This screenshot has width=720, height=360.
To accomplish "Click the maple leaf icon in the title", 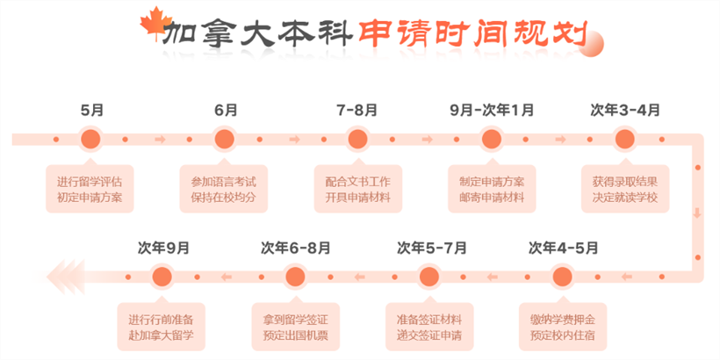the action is tap(155, 22).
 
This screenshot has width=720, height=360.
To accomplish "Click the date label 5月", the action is tap(92, 111).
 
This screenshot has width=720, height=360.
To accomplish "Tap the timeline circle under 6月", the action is tap(225, 139).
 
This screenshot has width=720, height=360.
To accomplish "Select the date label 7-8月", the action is tap(356, 111).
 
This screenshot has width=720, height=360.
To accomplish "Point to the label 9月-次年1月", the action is tap(492, 111).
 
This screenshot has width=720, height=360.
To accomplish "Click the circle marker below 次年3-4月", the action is tap(624, 139).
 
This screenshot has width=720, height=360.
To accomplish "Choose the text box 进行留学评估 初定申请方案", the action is tap(90, 188).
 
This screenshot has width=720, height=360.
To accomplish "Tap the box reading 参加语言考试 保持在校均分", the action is tap(224, 188).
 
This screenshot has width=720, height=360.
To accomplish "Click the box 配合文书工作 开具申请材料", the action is tap(358, 188).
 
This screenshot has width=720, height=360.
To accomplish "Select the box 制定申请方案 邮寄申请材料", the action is tap(492, 188).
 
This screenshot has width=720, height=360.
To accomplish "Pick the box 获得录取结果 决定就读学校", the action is tap(625, 188).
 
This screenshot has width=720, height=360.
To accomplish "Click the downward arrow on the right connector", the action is tap(697, 213).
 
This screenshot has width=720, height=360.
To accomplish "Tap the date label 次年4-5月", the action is tap(564, 248).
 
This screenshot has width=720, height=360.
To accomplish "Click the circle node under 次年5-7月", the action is tap(429, 277).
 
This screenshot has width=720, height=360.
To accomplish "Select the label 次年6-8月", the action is tap(296, 248).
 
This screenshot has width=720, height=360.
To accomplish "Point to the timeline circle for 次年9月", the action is tap(162, 277).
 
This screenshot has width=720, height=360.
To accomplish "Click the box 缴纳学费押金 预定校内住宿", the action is tap(563, 327).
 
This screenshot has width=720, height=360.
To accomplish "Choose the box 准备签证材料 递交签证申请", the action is tap(429, 327).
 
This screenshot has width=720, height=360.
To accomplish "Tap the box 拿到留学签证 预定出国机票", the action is tap(296, 327).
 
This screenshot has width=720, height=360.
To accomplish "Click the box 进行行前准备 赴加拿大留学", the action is tap(161, 327).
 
